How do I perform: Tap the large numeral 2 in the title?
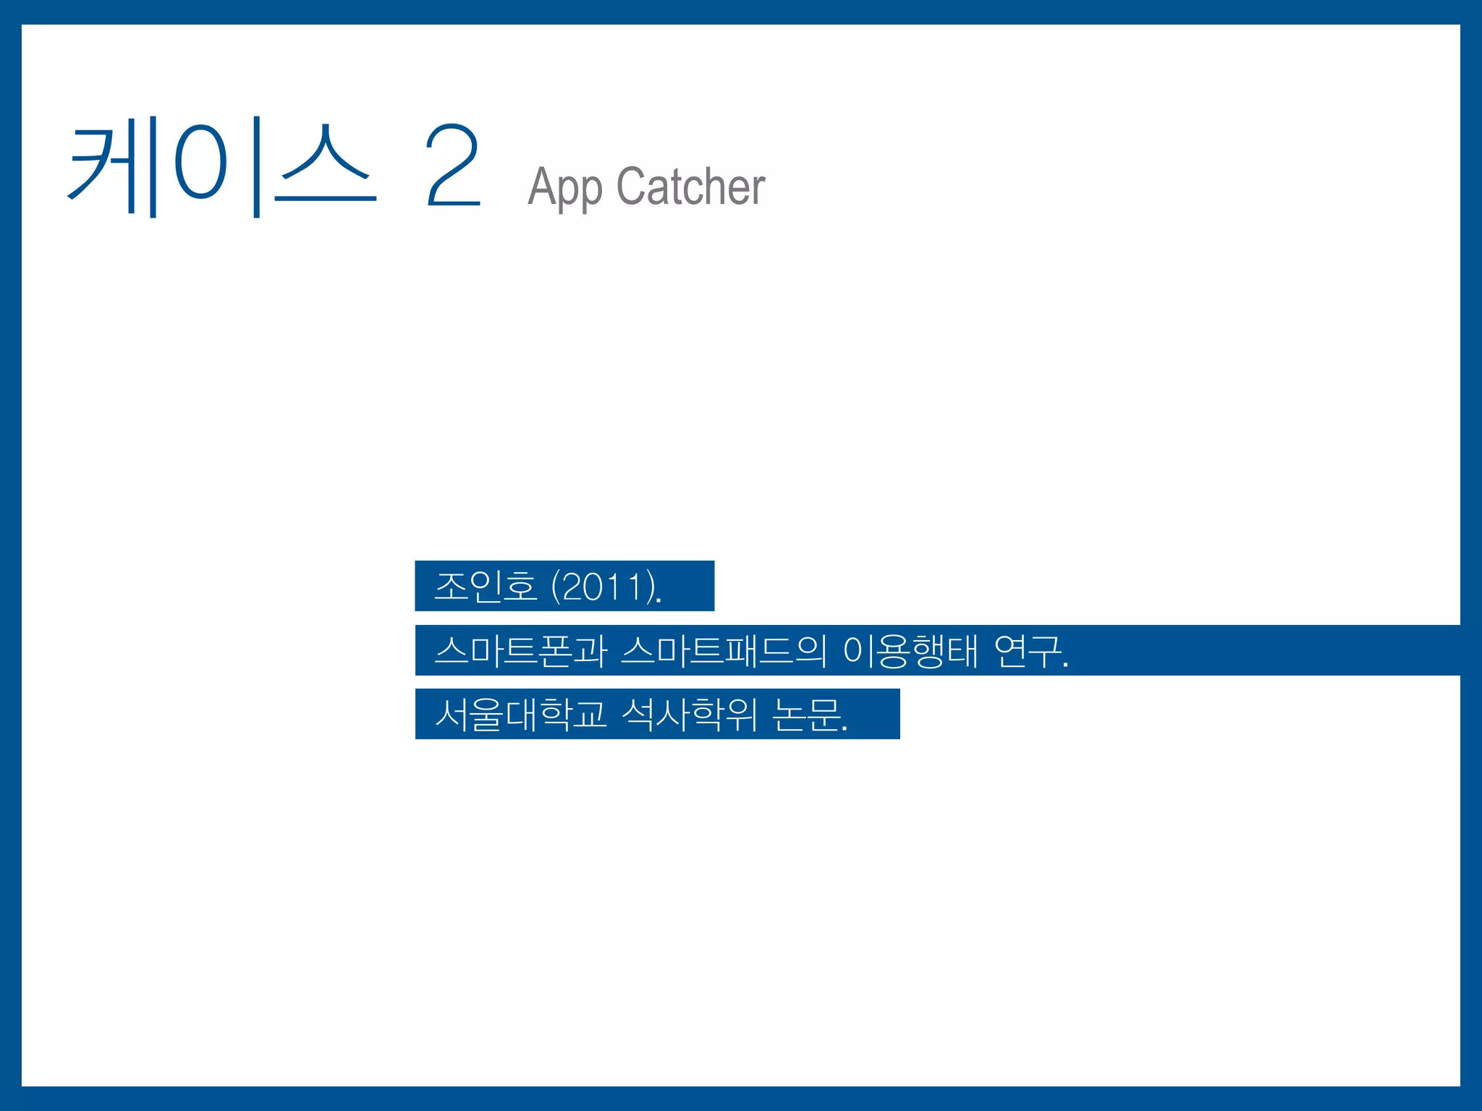[x=452, y=166]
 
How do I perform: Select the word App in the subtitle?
[x=564, y=187]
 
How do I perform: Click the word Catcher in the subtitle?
[x=690, y=186]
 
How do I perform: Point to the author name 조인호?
[x=485, y=586]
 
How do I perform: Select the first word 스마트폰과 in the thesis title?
[x=520, y=650]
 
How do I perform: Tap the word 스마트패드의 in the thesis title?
[x=723, y=650]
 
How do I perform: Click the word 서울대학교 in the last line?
[x=520, y=714]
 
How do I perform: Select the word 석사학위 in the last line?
[x=689, y=714]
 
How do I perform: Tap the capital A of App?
[x=542, y=186]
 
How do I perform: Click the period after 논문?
[x=844, y=729]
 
